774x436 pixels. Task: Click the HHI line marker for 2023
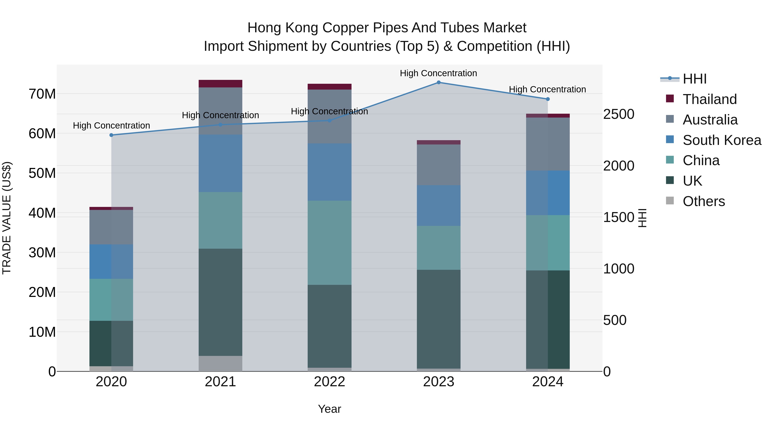(438, 82)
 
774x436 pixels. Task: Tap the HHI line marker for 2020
(111, 135)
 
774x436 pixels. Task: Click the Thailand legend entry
(709, 99)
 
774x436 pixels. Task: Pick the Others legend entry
(703, 201)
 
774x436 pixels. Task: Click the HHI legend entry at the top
(694, 79)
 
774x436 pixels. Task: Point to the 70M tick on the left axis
(42, 94)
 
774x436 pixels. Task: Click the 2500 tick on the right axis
(619, 114)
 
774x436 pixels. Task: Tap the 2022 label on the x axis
(329, 382)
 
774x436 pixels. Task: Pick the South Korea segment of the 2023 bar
(438, 206)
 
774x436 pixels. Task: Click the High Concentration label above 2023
(438, 73)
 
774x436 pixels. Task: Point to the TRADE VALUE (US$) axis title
(7, 218)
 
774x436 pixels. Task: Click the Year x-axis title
(329, 409)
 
